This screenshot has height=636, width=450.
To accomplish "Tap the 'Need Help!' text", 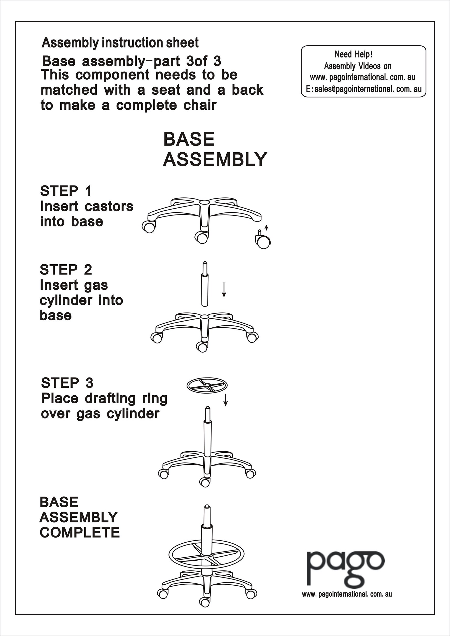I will pos(354,54).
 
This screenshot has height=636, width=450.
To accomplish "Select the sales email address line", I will pos(363,89).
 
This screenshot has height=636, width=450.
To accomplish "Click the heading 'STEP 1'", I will pos(66,191).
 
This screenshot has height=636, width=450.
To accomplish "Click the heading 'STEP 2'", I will pos(66,269).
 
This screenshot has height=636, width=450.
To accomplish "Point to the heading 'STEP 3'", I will pos(67,383).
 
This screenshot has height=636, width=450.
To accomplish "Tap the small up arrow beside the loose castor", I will pos(266,228).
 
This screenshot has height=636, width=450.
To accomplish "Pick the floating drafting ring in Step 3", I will pos(207,385).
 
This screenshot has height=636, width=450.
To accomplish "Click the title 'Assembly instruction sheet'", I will pos(120,43).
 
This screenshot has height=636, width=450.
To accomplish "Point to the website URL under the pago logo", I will pos(347,594).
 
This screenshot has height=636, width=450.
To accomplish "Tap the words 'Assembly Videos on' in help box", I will pos(357,66).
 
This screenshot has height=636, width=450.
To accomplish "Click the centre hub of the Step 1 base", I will pos(204,204).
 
